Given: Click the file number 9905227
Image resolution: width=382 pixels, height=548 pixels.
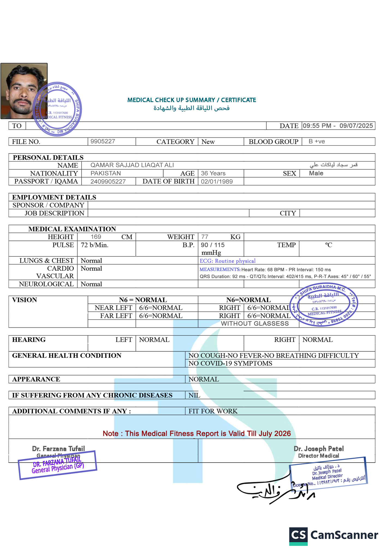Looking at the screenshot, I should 103,141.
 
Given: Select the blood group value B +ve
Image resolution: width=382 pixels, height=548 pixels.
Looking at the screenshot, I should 317,141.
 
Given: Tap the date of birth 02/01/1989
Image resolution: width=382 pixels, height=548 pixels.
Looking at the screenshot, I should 217,181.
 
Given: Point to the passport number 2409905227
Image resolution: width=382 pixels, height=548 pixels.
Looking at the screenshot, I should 108,181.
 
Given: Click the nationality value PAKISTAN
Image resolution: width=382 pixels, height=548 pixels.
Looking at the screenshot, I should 106,173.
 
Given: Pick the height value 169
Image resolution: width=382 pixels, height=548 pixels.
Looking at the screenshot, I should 96,237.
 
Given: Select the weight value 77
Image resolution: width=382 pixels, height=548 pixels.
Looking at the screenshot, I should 205,237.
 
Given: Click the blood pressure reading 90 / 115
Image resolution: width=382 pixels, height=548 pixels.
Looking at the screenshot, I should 213,245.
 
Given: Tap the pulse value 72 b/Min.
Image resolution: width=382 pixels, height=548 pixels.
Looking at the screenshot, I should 94,245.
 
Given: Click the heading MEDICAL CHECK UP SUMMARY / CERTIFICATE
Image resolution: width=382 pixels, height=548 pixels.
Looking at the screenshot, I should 192,100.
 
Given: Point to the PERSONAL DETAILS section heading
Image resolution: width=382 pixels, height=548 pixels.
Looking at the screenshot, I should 48,157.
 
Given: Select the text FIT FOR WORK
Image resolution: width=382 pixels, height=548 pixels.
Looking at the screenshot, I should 213,411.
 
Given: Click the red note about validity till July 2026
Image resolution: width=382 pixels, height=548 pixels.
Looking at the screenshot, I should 196,433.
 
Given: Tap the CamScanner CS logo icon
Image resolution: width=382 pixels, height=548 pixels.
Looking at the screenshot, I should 298,535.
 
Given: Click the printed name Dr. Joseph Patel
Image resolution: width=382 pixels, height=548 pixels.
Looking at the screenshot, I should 318,449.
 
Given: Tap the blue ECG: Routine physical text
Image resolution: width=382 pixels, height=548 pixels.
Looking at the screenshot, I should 228,261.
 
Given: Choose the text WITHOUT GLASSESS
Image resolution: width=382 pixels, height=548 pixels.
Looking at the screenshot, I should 255,324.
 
